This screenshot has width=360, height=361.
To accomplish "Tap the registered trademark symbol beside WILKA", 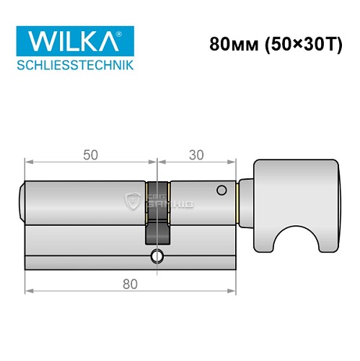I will pyautogui.click(x=128, y=33).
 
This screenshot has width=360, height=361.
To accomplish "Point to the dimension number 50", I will pyautogui.click(x=89, y=155).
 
